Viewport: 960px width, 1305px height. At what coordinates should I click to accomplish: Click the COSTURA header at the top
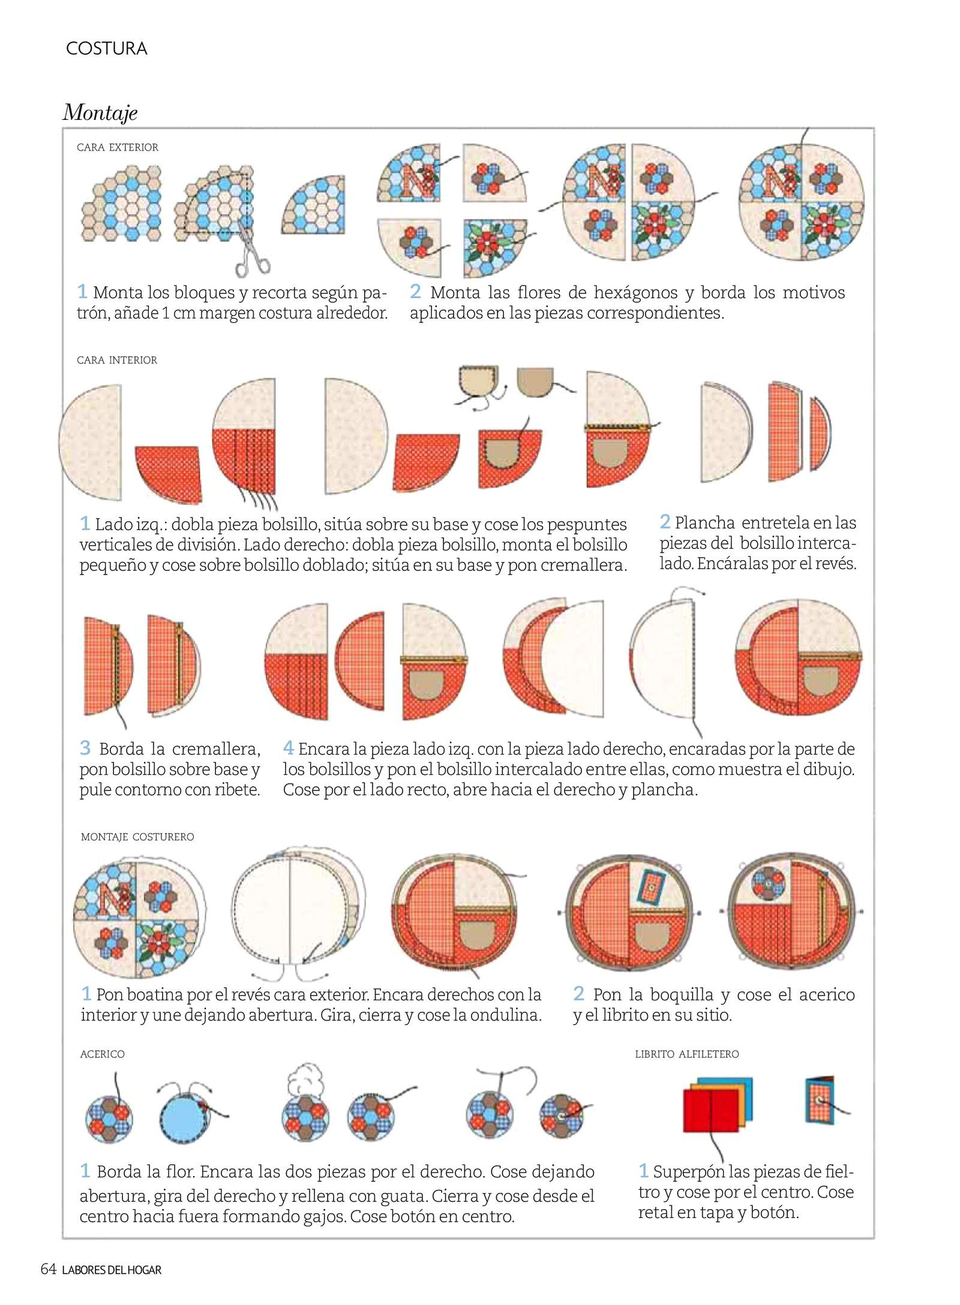click(x=106, y=49)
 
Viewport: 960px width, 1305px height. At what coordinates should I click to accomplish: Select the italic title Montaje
click(x=100, y=112)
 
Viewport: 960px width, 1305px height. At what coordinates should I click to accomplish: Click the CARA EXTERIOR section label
click(x=118, y=148)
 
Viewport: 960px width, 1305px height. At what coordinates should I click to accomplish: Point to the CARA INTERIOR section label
click(x=117, y=360)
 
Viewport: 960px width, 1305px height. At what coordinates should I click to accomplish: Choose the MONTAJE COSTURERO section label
click(x=137, y=837)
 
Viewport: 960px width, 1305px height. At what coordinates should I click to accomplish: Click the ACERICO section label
click(x=103, y=1054)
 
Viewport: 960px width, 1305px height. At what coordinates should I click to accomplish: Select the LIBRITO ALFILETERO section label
click(x=687, y=1054)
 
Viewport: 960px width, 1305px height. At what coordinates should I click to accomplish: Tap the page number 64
click(x=48, y=1269)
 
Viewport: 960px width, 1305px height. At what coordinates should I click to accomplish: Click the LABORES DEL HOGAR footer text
click(x=112, y=1270)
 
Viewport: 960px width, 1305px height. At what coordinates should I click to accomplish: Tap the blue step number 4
click(x=289, y=748)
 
